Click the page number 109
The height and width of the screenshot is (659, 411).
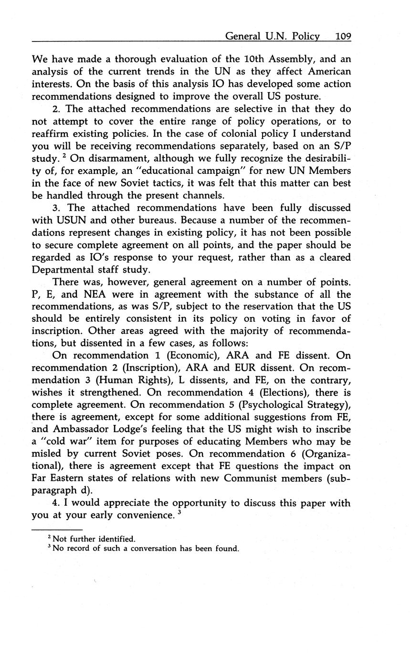coord(343,36)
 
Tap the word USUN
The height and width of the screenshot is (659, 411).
coord(70,221)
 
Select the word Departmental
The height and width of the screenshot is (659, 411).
coord(65,270)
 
